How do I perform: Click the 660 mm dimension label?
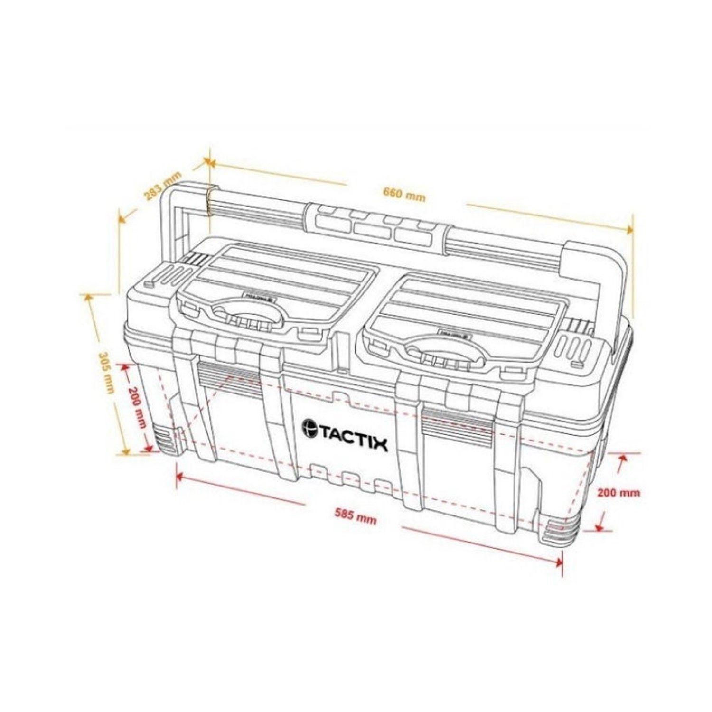(x=404, y=194)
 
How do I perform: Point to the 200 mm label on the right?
(x=618, y=492)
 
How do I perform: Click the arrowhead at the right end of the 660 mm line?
(x=630, y=229)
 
